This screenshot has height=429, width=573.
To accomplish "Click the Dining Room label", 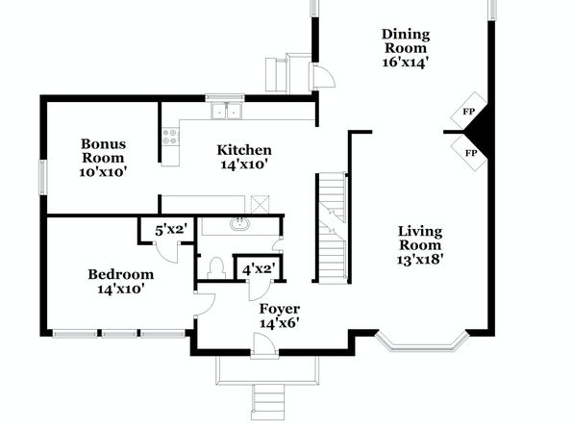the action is [x=406, y=41].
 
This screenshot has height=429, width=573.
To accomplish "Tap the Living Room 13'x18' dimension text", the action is [x=420, y=260].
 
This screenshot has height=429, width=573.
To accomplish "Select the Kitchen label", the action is [x=244, y=150].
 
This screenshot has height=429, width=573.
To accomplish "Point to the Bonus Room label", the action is [x=104, y=151].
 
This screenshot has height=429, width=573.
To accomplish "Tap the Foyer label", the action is [x=280, y=309].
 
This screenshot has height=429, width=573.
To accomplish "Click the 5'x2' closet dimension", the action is [x=171, y=231].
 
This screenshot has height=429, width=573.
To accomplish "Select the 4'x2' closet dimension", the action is [x=259, y=269].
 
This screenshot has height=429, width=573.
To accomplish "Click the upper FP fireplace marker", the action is [x=468, y=112].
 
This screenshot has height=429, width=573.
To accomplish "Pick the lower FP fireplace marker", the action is [x=471, y=153].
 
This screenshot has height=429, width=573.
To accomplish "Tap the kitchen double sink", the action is [x=226, y=111].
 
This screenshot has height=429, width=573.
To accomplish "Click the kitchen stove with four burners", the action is [x=171, y=136].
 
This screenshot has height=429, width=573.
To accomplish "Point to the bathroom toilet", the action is [x=216, y=267].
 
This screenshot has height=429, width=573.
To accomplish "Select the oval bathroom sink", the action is [x=239, y=224].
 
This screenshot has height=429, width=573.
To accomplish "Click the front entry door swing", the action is [x=264, y=343].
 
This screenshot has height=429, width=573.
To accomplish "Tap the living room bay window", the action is [x=422, y=343].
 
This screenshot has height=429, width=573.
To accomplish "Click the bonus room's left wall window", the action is [x=43, y=177].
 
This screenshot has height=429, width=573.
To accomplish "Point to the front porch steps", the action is [x=269, y=401].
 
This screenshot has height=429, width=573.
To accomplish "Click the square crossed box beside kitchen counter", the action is [x=261, y=204].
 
